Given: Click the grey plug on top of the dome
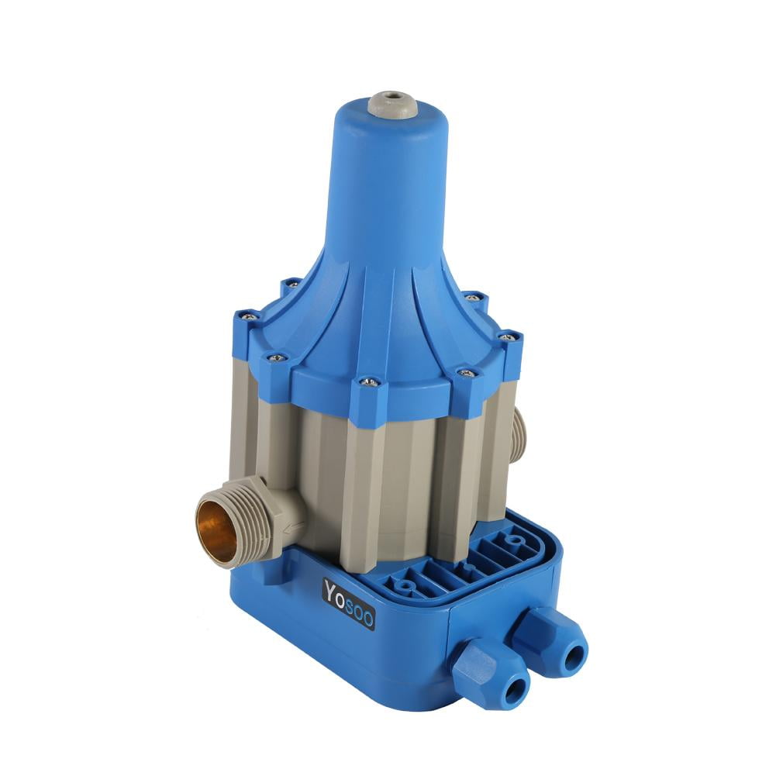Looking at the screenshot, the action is pos(391,104).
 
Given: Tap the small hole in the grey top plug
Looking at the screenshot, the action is pos(391,95).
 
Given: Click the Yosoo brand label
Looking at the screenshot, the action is pos(349,604).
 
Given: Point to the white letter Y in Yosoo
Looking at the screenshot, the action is pos(331,590).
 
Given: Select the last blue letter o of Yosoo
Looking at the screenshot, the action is pos(367,619).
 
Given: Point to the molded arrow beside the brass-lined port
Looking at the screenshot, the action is pos(293,529).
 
